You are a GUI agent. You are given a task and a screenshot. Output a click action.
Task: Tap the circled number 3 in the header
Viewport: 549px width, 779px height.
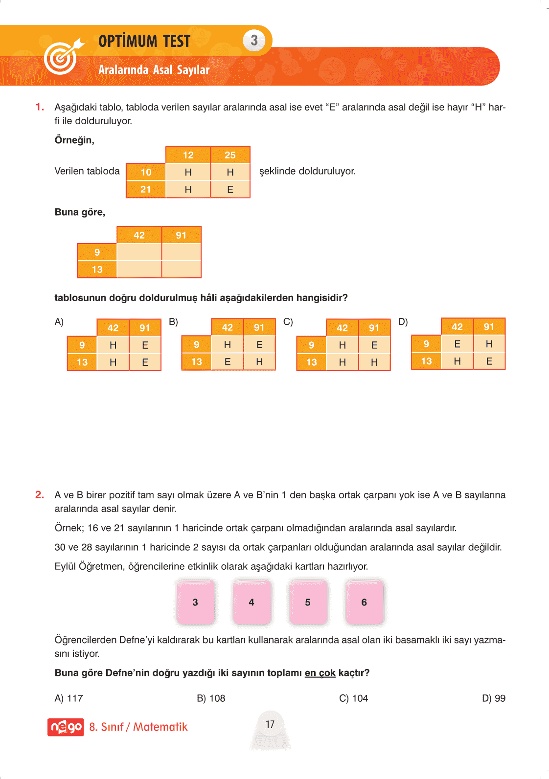pyautogui.click(x=254, y=41)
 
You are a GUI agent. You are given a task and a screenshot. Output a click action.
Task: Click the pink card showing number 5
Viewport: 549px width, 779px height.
pyautogui.click(x=308, y=602)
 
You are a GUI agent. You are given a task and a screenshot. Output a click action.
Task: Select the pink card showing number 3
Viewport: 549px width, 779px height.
pyautogui.click(x=195, y=602)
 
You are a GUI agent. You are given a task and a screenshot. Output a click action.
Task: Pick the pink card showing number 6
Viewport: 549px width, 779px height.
pyautogui.click(x=364, y=602)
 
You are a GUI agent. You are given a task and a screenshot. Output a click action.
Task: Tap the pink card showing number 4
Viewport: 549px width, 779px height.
pyautogui.click(x=252, y=602)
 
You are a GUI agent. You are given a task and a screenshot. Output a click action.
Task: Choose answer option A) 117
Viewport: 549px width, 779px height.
pyautogui.click(x=69, y=698)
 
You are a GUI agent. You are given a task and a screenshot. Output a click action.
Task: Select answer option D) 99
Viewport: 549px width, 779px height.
pyautogui.click(x=493, y=698)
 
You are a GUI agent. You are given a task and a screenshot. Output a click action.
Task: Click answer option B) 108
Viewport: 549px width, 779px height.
pyautogui.click(x=211, y=698)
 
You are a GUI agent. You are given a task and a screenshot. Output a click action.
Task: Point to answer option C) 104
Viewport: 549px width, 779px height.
pyautogui.click(x=353, y=698)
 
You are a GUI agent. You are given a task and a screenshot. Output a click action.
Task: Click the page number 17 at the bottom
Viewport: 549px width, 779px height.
pyautogui.click(x=270, y=724)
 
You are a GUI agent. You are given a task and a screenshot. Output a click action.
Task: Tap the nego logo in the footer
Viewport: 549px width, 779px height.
pyautogui.click(x=66, y=727)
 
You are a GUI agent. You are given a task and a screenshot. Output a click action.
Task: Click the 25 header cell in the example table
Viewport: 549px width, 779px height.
pyautogui.click(x=230, y=155)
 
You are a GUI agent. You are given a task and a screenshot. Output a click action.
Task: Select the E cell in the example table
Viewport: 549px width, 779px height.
pyautogui.click(x=230, y=189)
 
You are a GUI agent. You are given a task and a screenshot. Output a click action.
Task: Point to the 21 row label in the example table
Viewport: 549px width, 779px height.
pyautogui.click(x=146, y=189)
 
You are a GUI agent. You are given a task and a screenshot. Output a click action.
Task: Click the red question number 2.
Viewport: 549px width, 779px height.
pyautogui.click(x=40, y=495)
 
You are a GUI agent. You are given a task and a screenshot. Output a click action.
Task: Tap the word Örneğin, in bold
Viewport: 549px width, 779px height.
pyautogui.click(x=74, y=140)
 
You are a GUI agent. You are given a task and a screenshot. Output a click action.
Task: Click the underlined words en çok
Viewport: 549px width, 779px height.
pyautogui.click(x=320, y=673)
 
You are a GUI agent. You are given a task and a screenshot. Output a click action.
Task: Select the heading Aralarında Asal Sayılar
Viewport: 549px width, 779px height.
pyautogui.click(x=154, y=70)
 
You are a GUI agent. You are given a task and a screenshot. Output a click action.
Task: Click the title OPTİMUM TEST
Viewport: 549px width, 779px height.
pyautogui.click(x=144, y=41)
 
